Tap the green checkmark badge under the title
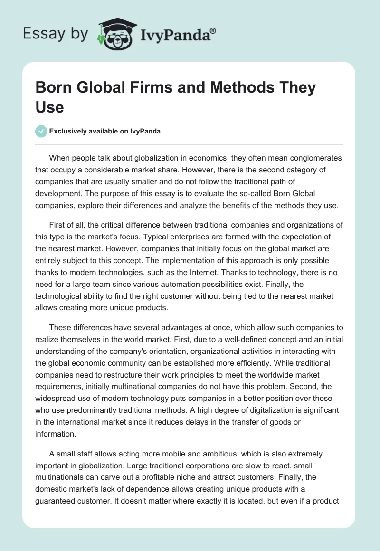coord(41,131)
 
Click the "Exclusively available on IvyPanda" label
coord(105,132)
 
